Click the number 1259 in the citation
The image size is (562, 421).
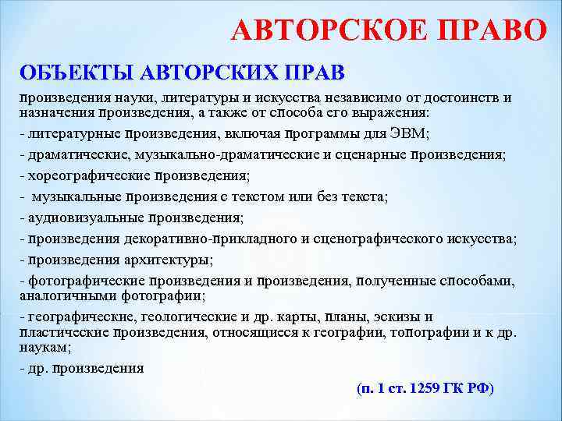421,387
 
